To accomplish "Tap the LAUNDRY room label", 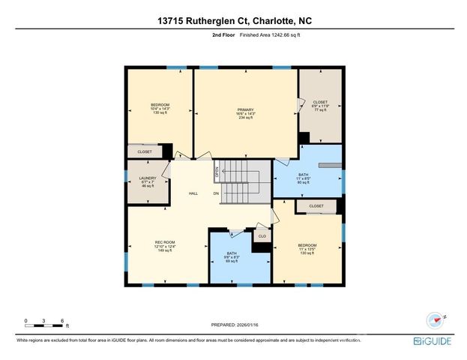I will [x=147, y=181].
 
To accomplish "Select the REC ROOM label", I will [x=164, y=246].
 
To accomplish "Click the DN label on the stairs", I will [x=216, y=193].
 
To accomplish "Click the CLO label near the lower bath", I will [x=262, y=236].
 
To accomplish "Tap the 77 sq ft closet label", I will [x=320, y=106].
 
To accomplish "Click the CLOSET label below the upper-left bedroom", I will [x=145, y=151].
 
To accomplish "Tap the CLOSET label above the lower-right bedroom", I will [x=316, y=205].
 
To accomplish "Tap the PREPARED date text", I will [x=234, y=325].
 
